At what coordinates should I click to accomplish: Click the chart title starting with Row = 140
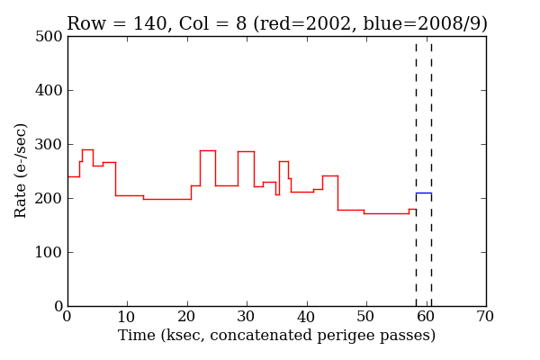pyautogui.click(x=276, y=23)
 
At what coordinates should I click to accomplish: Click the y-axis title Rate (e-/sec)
pyautogui.click(x=21, y=170)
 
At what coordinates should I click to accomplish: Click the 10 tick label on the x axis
pyautogui.click(x=127, y=318)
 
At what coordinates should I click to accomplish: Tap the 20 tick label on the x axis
pyautogui.click(x=187, y=318)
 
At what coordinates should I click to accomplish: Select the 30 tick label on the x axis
pyautogui.click(x=247, y=318)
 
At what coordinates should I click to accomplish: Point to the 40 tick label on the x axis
pyautogui.click(x=307, y=318)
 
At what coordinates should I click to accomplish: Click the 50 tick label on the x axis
pyautogui.click(x=366, y=318)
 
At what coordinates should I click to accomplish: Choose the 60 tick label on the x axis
pyautogui.click(x=426, y=318)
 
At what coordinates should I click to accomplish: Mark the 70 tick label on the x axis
pyautogui.click(x=486, y=318)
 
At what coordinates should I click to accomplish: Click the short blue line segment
pyautogui.click(x=423, y=193)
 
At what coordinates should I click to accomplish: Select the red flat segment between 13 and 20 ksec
pyautogui.click(x=166, y=199)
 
